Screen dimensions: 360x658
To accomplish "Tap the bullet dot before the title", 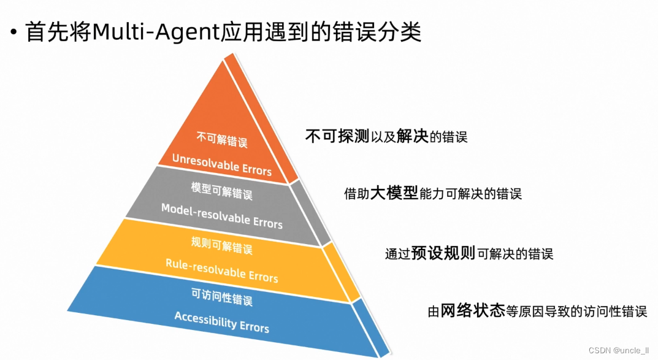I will pyautogui.click(x=13, y=32).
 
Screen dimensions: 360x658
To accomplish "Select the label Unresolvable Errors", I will pyautogui.click(x=221, y=164).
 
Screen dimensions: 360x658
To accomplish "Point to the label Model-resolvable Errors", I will pyautogui.click(x=221, y=215).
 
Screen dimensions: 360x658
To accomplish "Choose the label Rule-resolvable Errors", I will pyautogui.click(x=221, y=270).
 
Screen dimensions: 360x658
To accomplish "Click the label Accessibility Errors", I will pyautogui.click(x=221, y=322).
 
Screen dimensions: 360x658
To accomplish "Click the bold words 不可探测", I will pyautogui.click(x=337, y=136).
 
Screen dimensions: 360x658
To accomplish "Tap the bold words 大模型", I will pyautogui.click(x=394, y=194).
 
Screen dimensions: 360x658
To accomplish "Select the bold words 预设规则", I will pyautogui.click(x=450, y=253).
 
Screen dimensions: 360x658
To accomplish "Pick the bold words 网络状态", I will pyautogui.click(x=473, y=310).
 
